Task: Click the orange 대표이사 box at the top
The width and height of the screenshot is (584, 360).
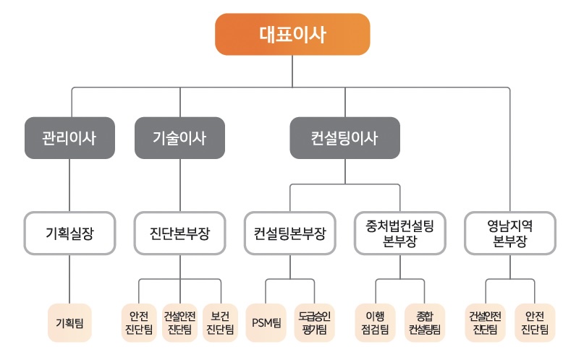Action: (292, 34)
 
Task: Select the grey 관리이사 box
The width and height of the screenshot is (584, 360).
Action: (69, 137)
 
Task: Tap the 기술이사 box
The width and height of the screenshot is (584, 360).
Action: (179, 137)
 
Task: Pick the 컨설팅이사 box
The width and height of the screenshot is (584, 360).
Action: (344, 137)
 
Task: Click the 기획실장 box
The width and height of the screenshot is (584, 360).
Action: (69, 233)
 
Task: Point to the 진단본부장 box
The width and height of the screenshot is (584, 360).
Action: (179, 233)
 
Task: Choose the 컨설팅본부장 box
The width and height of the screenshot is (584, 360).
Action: (290, 233)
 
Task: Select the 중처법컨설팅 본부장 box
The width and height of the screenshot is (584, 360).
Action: (399, 233)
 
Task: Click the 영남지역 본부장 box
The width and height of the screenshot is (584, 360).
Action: (509, 233)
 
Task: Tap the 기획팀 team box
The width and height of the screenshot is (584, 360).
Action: (69, 322)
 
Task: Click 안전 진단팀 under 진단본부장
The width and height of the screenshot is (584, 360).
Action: (138, 322)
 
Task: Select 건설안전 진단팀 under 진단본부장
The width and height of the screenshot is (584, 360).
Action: (179, 322)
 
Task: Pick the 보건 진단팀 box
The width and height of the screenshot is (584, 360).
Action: (220, 322)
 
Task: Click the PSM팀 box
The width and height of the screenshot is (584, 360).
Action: (266, 322)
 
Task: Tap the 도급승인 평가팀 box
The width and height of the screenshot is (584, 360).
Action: (314, 322)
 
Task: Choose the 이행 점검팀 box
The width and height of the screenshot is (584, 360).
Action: (376, 322)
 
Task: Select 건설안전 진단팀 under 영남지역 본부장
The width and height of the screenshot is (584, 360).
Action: (485, 322)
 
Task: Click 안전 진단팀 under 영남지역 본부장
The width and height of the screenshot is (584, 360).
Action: (535, 322)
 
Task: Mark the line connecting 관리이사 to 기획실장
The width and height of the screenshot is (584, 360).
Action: (69, 185)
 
